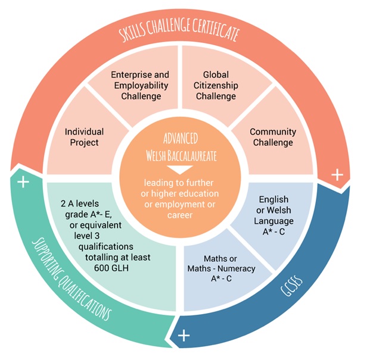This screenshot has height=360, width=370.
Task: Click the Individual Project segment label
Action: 84,137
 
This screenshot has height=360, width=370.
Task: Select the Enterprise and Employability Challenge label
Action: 140,85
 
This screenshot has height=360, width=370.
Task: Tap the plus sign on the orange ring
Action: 337,175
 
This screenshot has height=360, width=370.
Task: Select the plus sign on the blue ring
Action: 184,336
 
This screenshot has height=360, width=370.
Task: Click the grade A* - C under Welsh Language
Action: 273,231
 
